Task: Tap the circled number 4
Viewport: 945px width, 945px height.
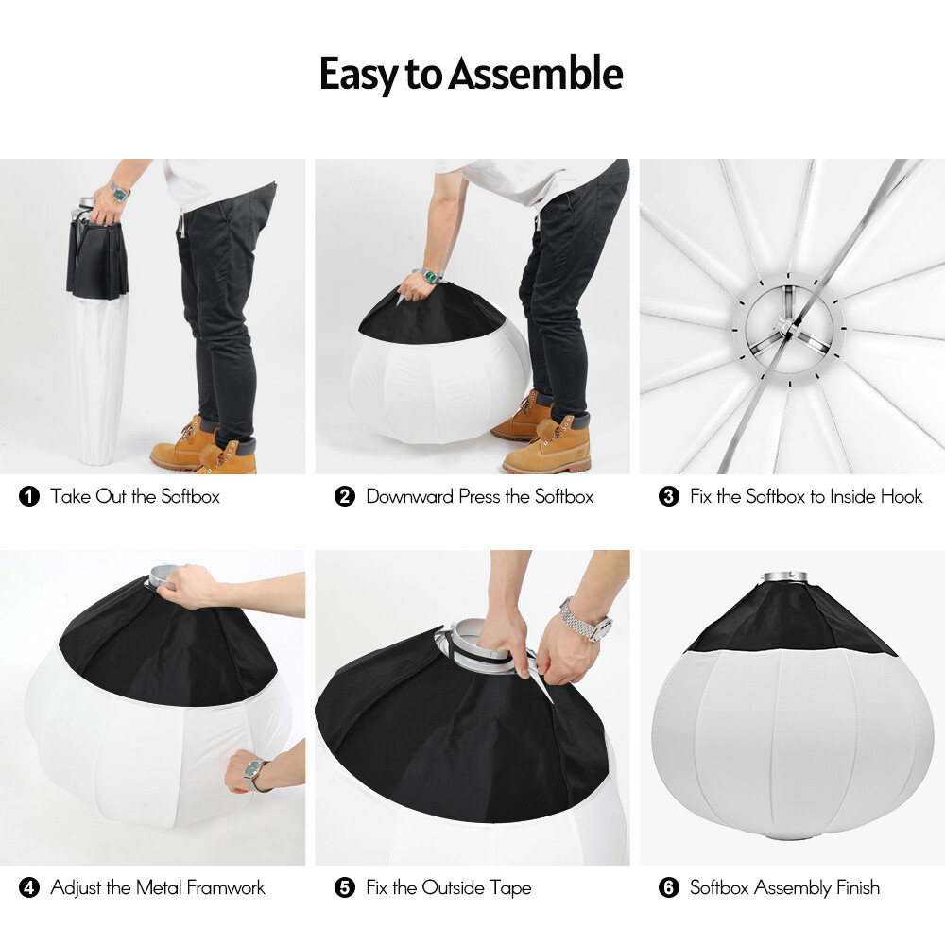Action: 29,888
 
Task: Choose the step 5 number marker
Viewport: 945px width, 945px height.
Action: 345,888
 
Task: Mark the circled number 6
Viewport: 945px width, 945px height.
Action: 669,888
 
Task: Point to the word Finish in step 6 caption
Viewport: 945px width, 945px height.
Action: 857,888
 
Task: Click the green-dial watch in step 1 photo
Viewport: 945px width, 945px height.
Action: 119,192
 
